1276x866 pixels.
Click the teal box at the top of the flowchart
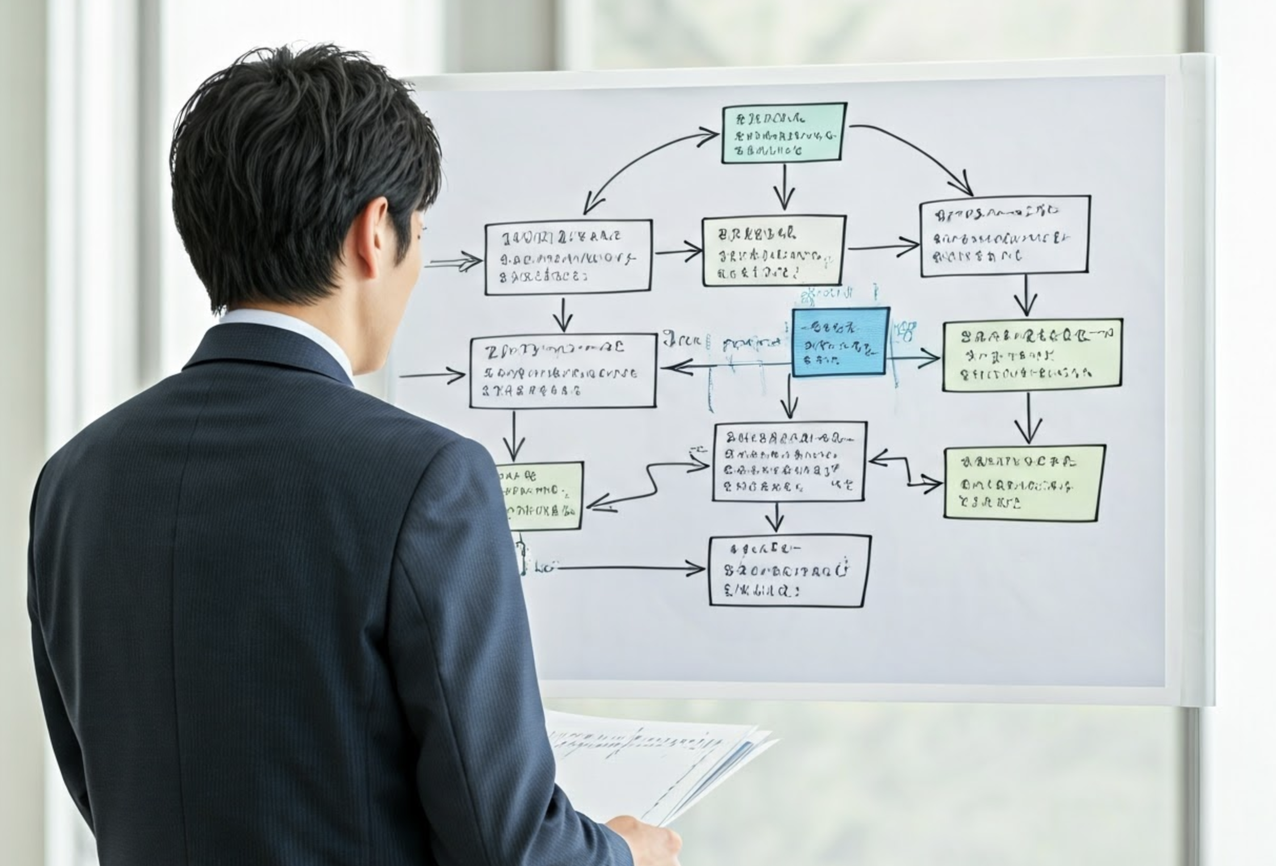tap(784, 133)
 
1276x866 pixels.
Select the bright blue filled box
tap(840, 341)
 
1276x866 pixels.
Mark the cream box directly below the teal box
tap(774, 250)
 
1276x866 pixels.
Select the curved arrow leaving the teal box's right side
tap(917, 154)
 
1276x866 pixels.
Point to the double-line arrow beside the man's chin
tap(453, 263)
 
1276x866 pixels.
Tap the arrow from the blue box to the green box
tap(914, 359)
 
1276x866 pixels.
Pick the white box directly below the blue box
tap(789, 462)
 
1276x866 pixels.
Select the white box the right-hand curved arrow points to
tap(1005, 236)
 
